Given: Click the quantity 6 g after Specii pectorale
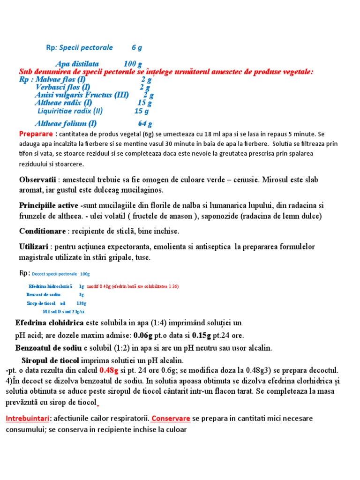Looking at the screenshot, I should [137, 47].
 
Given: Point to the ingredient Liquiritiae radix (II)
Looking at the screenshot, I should [70, 111].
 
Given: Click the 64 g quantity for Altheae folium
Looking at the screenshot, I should [145, 124].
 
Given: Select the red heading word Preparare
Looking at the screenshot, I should [33, 134].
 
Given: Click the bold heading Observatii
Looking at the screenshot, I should [37, 180].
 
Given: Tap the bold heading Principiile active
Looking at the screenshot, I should [49, 206].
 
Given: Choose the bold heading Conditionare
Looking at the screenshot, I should [42, 231].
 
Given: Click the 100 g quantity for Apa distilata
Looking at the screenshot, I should [133, 64].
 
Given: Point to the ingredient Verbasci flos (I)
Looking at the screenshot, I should [63, 87].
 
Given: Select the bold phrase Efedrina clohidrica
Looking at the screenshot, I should [49, 323].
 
